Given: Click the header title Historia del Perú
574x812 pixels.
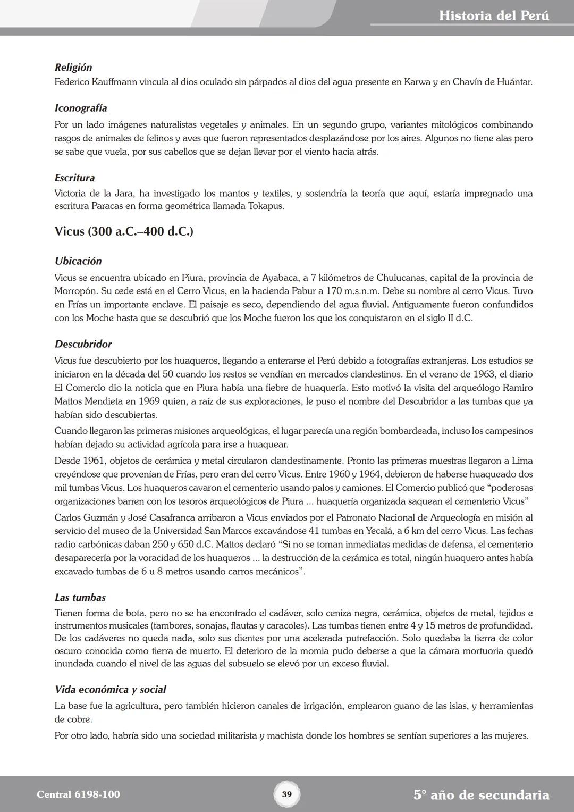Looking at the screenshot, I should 494,15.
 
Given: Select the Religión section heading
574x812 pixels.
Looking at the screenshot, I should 73,68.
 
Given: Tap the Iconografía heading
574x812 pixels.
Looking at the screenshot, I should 81,108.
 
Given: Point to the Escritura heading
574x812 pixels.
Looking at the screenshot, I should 74,178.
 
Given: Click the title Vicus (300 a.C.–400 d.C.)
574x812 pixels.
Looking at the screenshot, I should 124,232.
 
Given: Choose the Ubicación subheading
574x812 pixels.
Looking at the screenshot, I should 78,262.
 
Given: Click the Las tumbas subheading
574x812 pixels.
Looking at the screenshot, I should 80,598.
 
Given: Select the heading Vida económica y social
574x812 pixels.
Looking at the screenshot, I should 111,690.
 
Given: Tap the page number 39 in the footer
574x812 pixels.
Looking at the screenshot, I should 286,794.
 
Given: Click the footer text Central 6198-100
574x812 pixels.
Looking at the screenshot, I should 79,794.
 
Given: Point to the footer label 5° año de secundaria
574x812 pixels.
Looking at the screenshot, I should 482,795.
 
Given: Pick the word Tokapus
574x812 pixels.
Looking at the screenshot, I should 266,206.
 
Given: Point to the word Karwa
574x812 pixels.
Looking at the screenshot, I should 417,82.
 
